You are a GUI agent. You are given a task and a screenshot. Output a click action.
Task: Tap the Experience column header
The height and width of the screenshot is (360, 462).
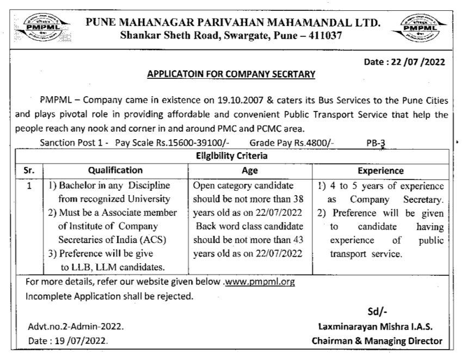point(381,170)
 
